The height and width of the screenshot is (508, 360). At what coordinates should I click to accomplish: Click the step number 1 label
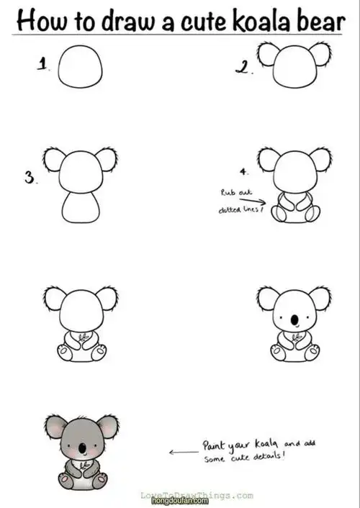coord(43,65)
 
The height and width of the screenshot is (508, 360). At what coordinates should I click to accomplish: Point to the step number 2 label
coord(243,68)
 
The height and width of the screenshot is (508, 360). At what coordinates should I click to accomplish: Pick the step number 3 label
coord(30,177)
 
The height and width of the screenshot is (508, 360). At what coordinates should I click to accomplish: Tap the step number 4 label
coord(245,173)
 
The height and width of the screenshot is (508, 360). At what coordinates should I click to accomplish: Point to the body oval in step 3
coord(80,207)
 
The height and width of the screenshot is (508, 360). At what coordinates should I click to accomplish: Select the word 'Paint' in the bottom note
coord(214,446)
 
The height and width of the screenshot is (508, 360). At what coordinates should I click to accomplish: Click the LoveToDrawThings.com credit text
coord(197,495)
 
